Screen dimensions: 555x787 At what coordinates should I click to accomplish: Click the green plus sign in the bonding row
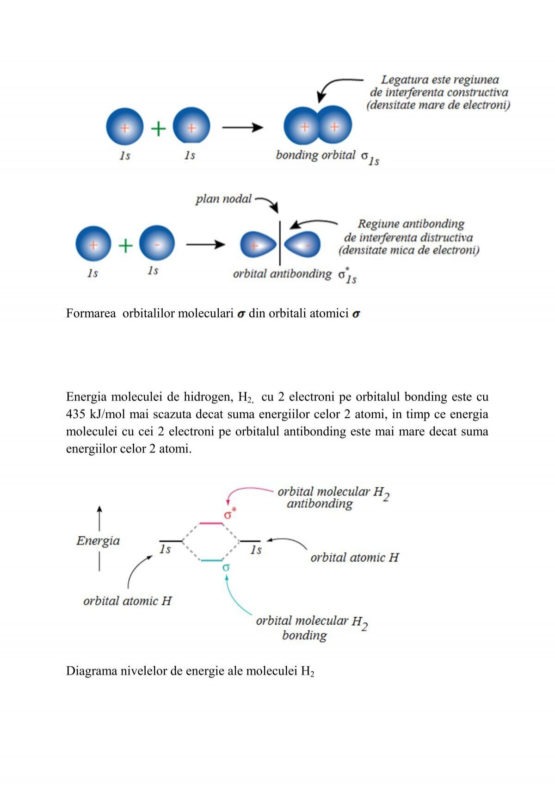coord(158,128)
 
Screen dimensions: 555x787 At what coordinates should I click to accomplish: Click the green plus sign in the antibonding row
coord(125,245)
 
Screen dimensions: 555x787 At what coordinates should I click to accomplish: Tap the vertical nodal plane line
coord(280,243)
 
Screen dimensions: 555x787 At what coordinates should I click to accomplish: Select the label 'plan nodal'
coord(223,199)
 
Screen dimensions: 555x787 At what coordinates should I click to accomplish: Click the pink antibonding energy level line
coord(211,523)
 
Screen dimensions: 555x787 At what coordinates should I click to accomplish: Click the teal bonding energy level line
coord(212,560)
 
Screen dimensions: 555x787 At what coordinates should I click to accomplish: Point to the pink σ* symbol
coord(230,514)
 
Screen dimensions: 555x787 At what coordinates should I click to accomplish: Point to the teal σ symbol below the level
coord(226,567)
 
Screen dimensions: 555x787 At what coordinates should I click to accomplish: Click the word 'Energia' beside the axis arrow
coord(98,541)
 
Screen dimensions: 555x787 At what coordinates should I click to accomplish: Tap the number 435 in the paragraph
coord(75,414)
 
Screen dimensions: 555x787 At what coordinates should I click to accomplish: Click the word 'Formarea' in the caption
coord(91,313)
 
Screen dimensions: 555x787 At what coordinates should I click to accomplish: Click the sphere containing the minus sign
coord(157,243)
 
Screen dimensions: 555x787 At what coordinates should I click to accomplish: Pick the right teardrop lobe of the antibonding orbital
coord(302,244)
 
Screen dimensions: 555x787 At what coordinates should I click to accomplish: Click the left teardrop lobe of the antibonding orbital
coord(258,245)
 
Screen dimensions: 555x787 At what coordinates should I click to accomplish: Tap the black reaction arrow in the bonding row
coord(242,127)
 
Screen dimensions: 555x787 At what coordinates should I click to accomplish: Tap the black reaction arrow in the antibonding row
coord(205,244)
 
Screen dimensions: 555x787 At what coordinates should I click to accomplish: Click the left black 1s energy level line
coord(171,541)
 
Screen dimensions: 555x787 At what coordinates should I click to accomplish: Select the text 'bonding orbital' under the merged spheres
coord(315,155)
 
